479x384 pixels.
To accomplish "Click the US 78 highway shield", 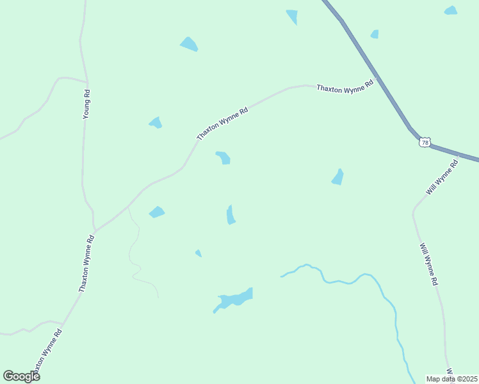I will (425, 142).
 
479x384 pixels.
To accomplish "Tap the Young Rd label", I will (87, 104).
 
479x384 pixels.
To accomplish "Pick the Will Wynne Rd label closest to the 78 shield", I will (442, 177).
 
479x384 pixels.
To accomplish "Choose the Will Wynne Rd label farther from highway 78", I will (429, 264).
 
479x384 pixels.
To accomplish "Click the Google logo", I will (21, 376).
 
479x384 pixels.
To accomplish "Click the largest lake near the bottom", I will (235, 298).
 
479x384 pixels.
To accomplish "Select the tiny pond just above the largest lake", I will (199, 253).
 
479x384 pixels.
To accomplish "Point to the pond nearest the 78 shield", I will (337, 177).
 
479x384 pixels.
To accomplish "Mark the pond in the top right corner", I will (451, 10).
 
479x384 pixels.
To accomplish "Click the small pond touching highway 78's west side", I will (374, 34).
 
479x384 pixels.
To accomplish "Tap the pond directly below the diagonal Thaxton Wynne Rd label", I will (223, 157).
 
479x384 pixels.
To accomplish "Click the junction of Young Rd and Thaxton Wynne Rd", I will (95, 228).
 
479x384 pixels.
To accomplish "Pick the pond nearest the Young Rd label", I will (156, 122).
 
